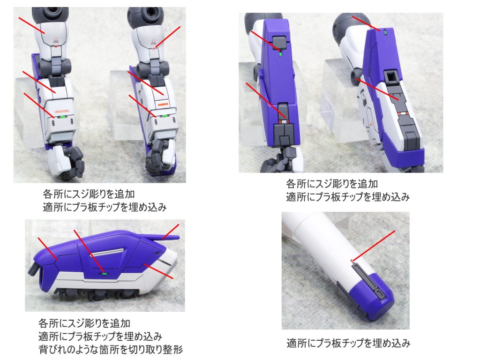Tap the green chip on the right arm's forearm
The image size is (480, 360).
(165, 114)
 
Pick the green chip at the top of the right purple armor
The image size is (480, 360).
(384, 33)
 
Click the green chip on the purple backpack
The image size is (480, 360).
(105, 272)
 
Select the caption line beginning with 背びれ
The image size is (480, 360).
(110, 349)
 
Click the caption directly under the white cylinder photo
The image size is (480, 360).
(348, 343)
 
